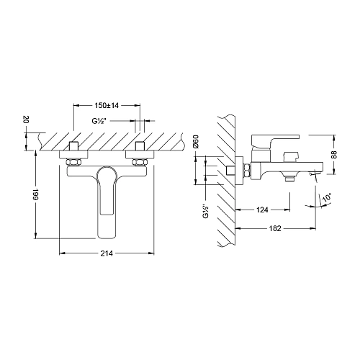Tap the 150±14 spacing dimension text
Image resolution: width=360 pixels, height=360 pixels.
tap(106, 105)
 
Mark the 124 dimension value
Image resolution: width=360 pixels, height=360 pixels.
tap(263, 210)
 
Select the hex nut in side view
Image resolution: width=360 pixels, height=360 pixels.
tap(246, 170)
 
